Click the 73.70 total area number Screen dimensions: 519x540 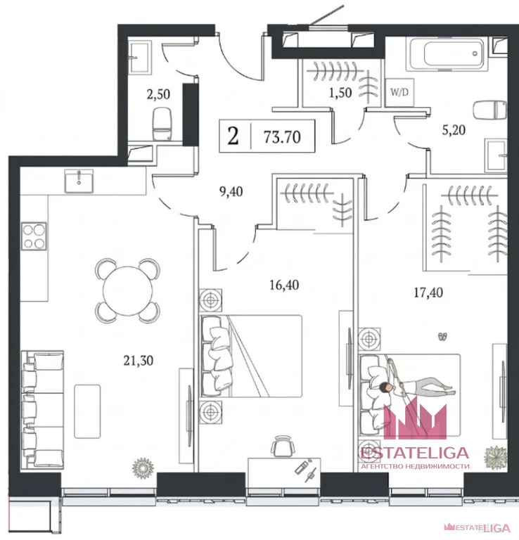[x=282, y=137]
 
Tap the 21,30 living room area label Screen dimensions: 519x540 [x=139, y=361]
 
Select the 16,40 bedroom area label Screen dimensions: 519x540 [x=284, y=285]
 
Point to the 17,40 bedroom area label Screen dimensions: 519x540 [x=428, y=292]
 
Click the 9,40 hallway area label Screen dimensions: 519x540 [x=231, y=191]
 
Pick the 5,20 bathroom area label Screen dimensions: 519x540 [x=454, y=130]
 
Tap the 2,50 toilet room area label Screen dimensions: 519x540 [x=158, y=94]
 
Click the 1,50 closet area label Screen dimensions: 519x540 [x=340, y=92]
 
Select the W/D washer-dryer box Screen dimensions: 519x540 [x=399, y=92]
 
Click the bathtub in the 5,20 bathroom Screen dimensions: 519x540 [x=447, y=54]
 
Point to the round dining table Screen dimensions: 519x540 [x=128, y=290]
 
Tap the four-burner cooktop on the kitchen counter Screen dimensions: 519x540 [x=34, y=236]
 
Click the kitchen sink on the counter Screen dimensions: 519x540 [x=79, y=181]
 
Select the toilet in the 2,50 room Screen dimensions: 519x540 [x=162, y=124]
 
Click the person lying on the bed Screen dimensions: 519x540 [x=417, y=387]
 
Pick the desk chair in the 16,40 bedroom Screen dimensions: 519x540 [x=283, y=446]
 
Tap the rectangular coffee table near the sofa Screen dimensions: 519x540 [x=87, y=411]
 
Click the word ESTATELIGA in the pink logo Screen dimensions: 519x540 [x=415, y=454]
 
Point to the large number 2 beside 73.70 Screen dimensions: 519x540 [x=233, y=136]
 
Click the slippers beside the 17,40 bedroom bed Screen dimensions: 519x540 [x=443, y=337]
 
